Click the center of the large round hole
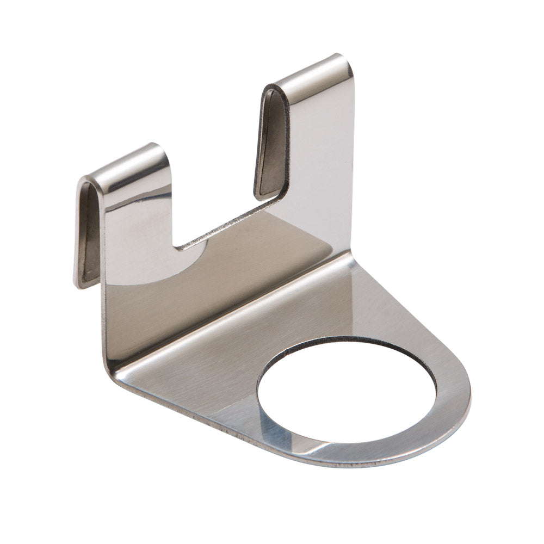click(347, 397)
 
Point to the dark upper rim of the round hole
click(348, 340)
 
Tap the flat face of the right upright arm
click(321, 163)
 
